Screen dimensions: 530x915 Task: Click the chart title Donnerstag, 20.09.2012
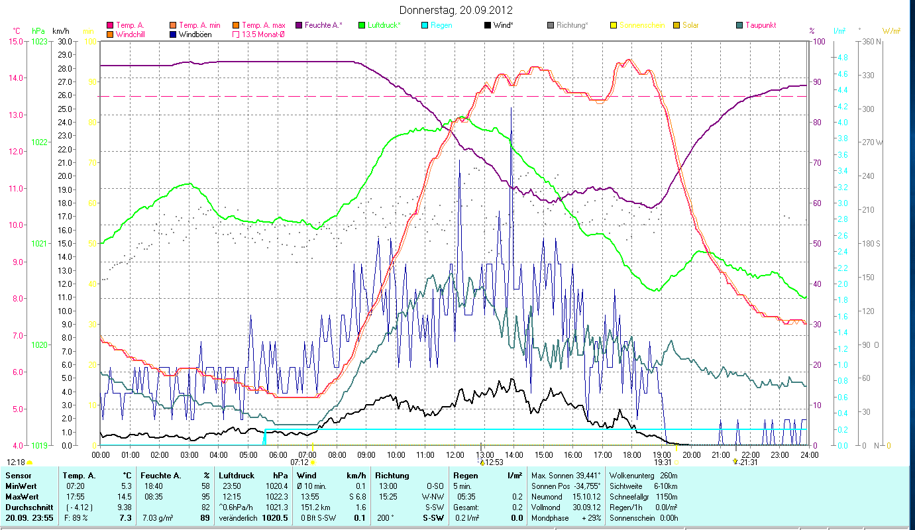(457, 10)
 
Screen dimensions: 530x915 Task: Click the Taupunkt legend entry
(760, 25)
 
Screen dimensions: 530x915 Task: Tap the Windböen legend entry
(195, 34)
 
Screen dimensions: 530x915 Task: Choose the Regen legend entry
(441, 25)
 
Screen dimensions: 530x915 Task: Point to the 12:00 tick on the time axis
(455, 455)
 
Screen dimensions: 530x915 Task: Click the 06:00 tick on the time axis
(278, 455)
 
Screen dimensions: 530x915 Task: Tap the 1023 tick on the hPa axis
(39, 41)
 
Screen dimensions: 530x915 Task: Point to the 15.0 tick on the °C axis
(15, 41)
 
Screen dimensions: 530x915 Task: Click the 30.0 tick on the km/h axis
(65, 41)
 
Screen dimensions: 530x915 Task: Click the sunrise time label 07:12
(299, 462)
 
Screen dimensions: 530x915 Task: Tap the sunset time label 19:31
(663, 462)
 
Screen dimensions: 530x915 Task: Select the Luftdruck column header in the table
(237, 476)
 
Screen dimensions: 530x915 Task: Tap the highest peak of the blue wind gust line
(511, 107)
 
